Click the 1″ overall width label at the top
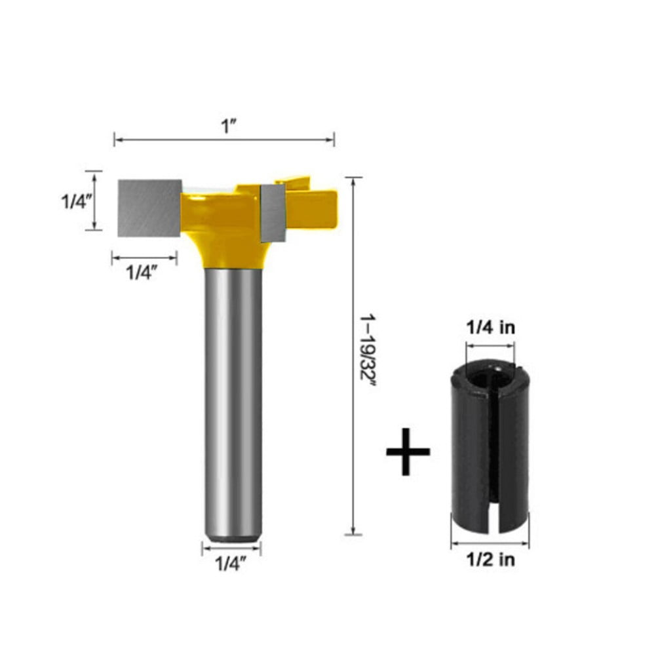(228, 126)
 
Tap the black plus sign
(408, 452)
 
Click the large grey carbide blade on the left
(149, 208)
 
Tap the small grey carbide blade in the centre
(273, 212)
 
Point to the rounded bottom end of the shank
(233, 536)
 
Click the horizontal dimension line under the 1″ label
(224, 139)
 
